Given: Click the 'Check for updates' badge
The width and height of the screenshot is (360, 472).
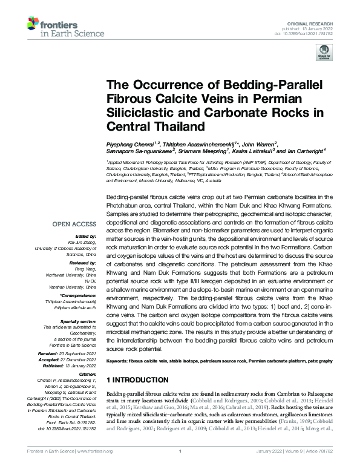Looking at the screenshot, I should point(321,54).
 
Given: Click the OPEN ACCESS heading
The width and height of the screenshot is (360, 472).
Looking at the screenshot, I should point(67,223).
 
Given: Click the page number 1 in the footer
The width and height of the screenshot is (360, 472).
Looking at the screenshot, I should point(180,468).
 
